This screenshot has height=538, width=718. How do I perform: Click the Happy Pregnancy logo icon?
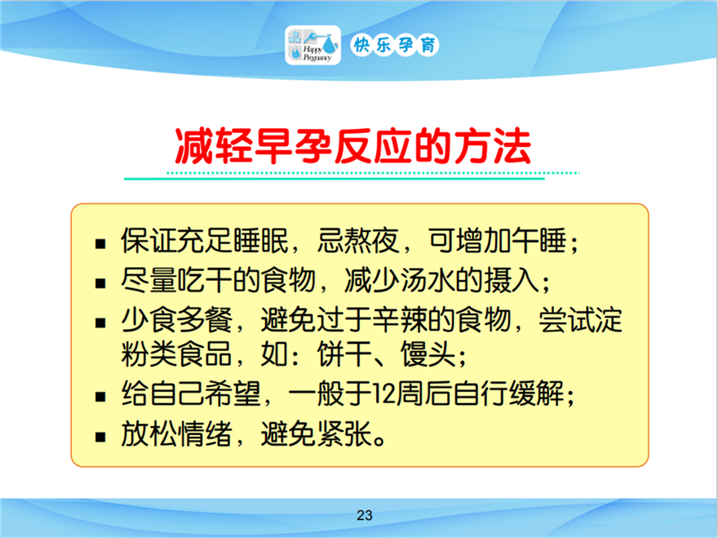tap(312, 45)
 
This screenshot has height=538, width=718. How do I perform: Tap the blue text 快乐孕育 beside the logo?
tap(395, 45)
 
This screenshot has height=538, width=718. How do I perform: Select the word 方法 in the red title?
tap(493, 147)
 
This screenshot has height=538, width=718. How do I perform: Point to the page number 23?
tap(365, 515)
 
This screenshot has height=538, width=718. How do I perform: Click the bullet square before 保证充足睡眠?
tap(100, 244)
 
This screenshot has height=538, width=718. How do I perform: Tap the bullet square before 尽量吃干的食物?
tap(100, 283)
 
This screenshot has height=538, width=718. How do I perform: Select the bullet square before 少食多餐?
tap(100, 323)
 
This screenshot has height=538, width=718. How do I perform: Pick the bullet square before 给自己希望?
tap(100, 397)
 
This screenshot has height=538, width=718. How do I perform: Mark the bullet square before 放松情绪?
tap(100, 437)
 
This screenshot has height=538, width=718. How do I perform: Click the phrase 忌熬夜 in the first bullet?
tap(358, 240)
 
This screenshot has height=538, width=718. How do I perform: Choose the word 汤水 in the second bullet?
tap(428, 279)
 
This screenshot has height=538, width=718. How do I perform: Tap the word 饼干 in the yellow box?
tap(345, 353)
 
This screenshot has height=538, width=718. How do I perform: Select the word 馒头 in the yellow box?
tap(428, 353)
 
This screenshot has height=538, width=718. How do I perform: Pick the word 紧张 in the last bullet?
tap(345, 433)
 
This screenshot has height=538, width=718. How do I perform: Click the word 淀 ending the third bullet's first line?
tap(609, 319)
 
